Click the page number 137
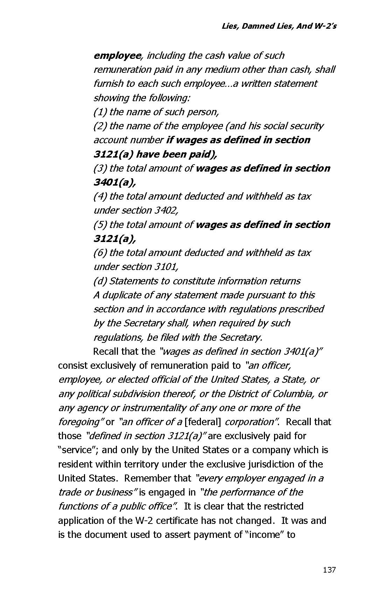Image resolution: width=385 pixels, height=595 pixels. tap(329, 570)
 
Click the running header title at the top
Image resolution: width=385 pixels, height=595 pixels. tap(279, 26)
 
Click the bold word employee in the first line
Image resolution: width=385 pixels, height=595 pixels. tap(117, 56)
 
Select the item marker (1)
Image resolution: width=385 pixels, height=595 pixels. tap(100, 112)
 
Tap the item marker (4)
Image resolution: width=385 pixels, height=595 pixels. tap(100, 196)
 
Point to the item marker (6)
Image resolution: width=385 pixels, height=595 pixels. tap(100, 253)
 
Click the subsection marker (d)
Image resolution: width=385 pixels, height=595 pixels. tap(100, 281)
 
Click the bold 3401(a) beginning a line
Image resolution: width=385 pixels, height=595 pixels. tap(115, 182)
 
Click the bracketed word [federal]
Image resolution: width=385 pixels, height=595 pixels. tap(203, 422)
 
